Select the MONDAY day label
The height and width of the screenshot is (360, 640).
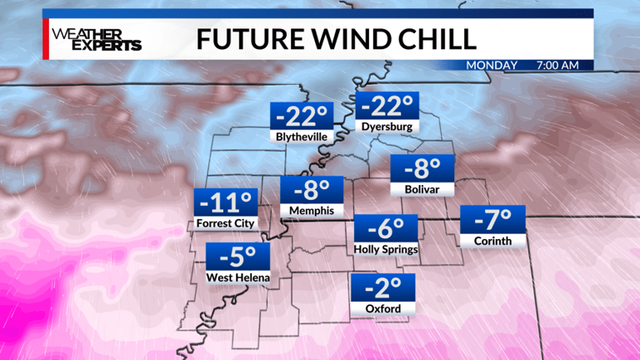[492, 65]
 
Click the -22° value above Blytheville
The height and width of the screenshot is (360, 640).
[300, 113]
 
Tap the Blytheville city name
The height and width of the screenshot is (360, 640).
[300, 135]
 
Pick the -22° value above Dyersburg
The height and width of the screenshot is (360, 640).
[387, 106]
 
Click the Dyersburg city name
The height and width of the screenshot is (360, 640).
[387, 127]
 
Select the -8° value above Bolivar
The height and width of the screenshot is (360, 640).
[422, 169]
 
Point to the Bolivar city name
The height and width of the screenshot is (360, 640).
[422, 190]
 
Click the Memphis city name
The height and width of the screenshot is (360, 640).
[312, 212]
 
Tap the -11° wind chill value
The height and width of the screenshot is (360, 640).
[226, 202]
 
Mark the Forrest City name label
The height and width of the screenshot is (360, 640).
[226, 223]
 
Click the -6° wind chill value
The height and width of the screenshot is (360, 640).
[385, 227]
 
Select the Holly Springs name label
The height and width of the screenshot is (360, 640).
[385, 249]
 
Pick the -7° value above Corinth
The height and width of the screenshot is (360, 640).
[492, 220]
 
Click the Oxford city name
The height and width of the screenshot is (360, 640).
[383, 309]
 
